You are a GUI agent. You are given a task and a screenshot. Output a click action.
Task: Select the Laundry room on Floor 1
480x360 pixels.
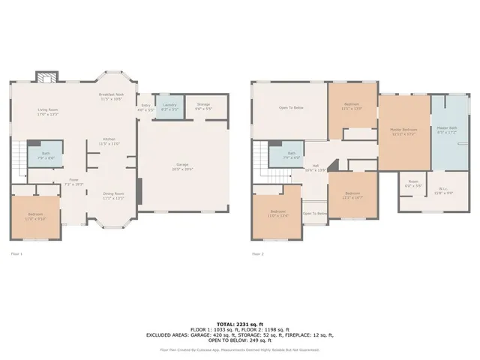click(170, 107)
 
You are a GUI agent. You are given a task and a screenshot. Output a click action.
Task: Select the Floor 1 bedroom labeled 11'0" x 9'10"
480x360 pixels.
click(35, 217)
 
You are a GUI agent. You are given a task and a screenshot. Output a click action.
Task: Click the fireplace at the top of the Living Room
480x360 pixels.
click(46, 77)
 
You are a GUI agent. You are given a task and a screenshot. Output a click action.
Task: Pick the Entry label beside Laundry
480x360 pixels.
click(145, 108)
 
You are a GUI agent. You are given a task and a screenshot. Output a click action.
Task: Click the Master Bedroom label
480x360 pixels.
click(403, 132)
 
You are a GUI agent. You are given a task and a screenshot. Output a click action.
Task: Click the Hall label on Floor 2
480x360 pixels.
click(316, 167)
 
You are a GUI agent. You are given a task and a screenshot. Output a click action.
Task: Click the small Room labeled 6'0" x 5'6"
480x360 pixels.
click(413, 184)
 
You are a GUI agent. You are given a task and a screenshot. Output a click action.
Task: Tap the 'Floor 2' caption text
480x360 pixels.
click(259, 254)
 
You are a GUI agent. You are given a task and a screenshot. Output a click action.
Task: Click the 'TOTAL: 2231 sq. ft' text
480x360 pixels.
click(240, 322)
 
